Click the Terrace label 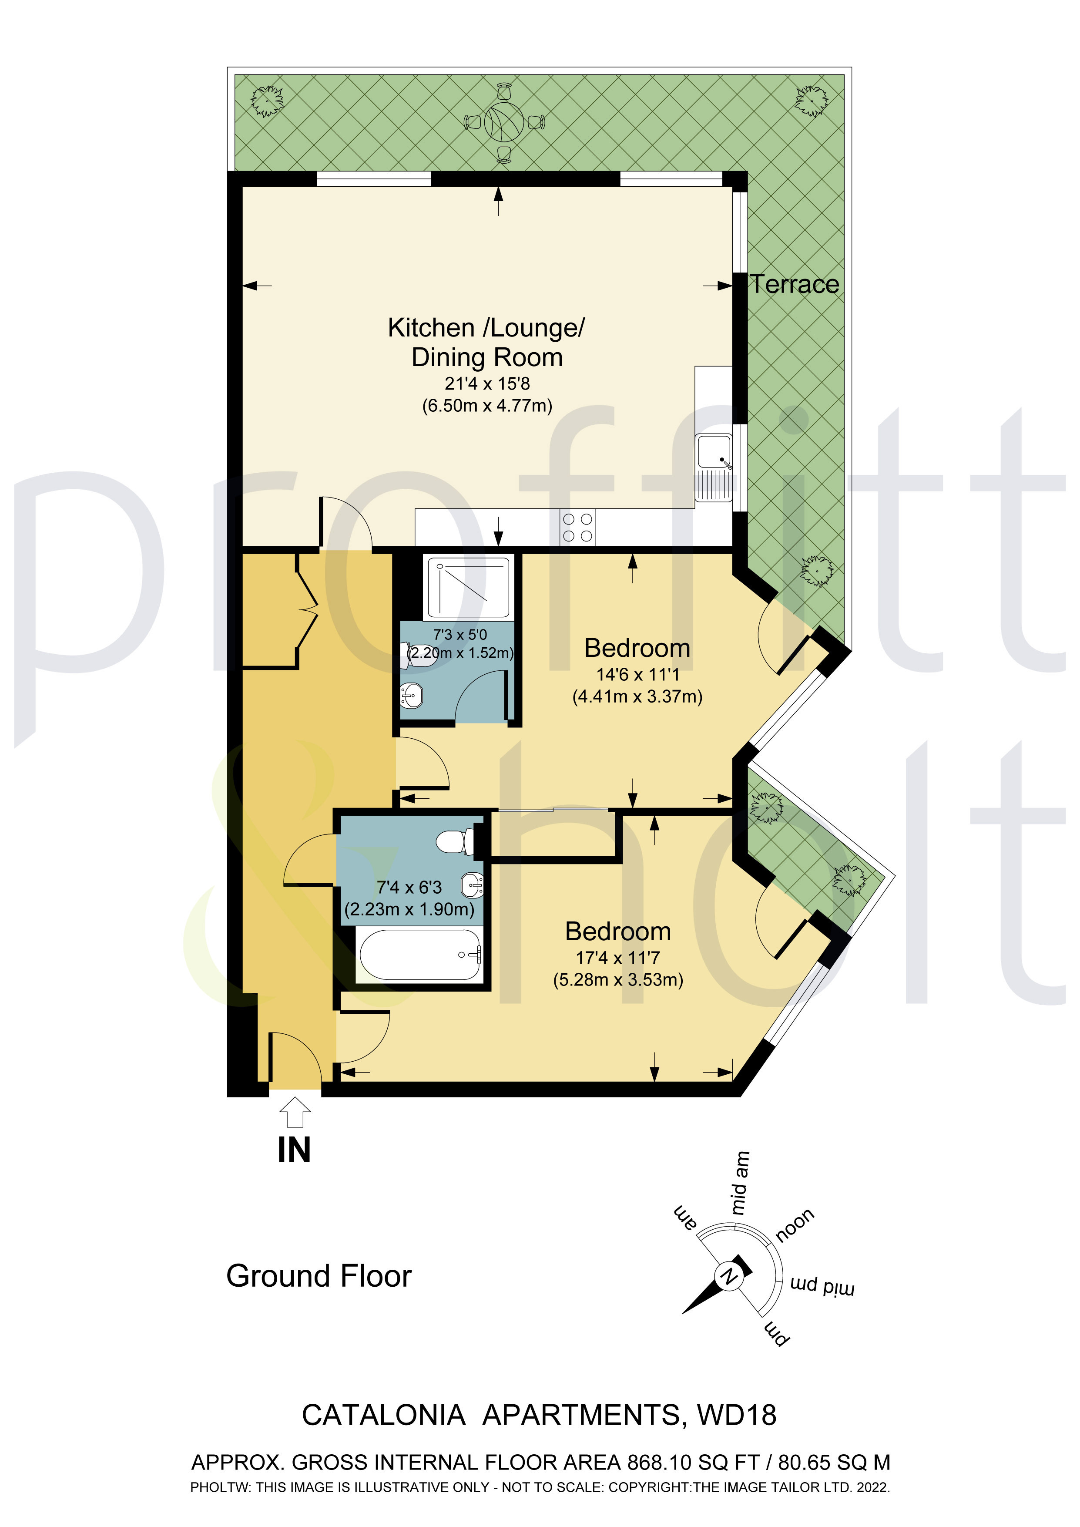pos(794,285)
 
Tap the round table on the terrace pos(503,122)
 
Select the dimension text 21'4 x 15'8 pos(487,384)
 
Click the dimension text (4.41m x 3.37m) pos(637,696)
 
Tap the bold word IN pos(294,1150)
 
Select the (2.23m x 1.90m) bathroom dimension pos(409,909)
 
